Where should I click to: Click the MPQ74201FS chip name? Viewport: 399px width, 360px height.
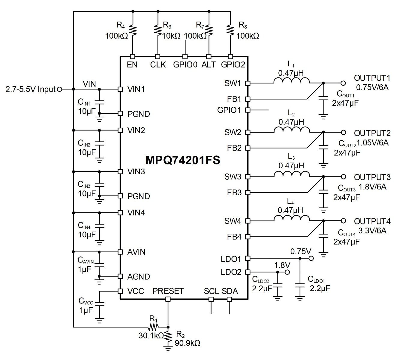(183, 160)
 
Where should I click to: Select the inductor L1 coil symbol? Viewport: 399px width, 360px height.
(291, 81)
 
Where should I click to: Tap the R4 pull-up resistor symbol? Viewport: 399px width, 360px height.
(133, 30)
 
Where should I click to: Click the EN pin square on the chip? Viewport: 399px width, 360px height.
(133, 56)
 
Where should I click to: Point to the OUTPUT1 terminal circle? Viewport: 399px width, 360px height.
(343, 83)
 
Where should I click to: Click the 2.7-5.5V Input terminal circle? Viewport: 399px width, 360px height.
(59, 89)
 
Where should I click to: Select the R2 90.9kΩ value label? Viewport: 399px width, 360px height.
(187, 343)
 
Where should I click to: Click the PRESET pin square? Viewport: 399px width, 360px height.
(168, 299)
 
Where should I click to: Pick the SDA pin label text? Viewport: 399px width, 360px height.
(230, 291)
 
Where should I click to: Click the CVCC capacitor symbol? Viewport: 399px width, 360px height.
(100, 304)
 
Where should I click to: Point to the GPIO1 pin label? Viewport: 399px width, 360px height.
(229, 110)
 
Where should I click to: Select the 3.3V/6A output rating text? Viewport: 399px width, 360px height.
(372, 230)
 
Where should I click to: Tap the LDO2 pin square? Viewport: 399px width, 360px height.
(247, 272)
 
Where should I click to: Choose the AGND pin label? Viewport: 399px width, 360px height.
(138, 277)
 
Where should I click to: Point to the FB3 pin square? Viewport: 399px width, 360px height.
(247, 193)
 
